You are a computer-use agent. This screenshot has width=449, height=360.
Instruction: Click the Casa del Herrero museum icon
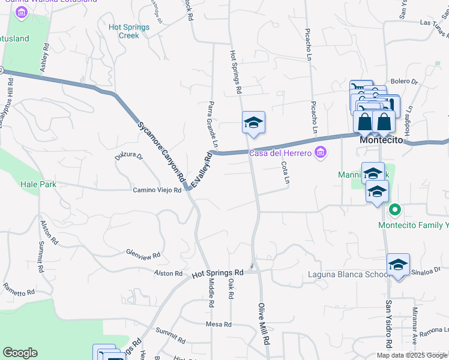tap(321, 153)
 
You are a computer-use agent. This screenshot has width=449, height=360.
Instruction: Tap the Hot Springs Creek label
tap(124, 31)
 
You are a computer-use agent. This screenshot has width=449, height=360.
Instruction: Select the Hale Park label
tap(38, 184)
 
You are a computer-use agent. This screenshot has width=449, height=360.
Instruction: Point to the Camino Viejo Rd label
tap(157, 190)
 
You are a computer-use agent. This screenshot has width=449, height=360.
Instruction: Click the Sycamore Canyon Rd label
tap(161, 152)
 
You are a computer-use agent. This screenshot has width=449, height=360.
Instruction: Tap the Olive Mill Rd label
tap(264, 323)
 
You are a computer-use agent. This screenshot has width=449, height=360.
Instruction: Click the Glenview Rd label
tap(143, 254)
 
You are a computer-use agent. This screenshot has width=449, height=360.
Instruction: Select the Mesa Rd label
tap(218, 325)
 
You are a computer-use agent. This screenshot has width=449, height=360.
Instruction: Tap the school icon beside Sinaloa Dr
tap(398, 265)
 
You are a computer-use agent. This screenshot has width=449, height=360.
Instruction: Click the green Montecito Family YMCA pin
tap(394, 210)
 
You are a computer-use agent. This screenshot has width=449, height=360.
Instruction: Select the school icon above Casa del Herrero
tap(253, 122)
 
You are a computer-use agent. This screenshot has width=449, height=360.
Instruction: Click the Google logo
tap(20, 353)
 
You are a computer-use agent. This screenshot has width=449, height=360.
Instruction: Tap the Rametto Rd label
tap(19, 292)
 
